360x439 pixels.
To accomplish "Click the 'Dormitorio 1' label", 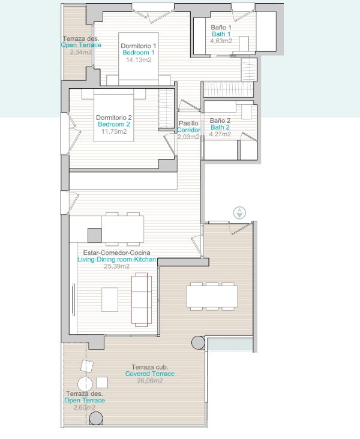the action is [x=139, y=46].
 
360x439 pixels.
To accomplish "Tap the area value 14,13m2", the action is [x=139, y=59].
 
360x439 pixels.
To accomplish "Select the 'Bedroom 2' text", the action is [x=114, y=124].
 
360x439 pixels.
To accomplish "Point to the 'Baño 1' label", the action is [x=221, y=28].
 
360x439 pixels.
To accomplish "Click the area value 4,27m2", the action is [x=220, y=134].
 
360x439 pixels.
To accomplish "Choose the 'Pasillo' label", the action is [x=188, y=123].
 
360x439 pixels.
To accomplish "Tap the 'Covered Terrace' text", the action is [x=150, y=374].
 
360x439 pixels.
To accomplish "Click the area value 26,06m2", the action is [x=150, y=381].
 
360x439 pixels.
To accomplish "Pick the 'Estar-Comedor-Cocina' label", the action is [x=116, y=252].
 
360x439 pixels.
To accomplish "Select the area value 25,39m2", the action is [x=116, y=266].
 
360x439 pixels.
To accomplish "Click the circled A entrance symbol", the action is [x=239, y=213].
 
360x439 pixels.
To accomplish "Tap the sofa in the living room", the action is [x=142, y=300].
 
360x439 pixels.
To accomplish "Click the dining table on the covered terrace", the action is [x=212, y=296].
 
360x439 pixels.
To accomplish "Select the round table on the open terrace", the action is [x=85, y=384].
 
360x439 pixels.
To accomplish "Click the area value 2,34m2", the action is [x=81, y=52].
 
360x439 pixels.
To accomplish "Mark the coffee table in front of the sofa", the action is [x=110, y=300].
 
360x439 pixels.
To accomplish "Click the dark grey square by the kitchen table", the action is [x=95, y=236].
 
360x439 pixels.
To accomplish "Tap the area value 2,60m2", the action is [x=85, y=407].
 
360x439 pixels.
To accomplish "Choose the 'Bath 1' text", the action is [x=221, y=34].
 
